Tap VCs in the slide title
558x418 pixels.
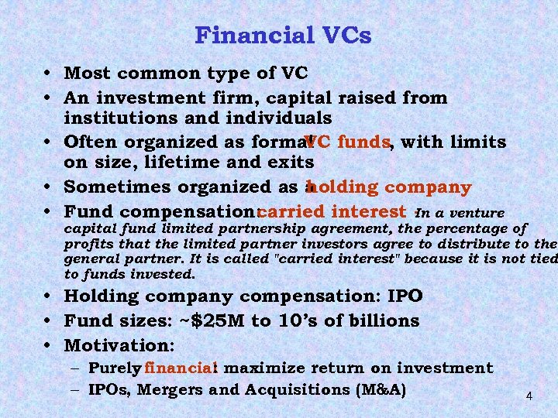(343, 36)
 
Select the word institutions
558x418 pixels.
(118, 118)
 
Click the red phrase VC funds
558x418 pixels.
(349, 142)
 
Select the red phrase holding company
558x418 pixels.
(390, 187)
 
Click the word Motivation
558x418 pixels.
(119, 343)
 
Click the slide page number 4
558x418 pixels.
(529, 396)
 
